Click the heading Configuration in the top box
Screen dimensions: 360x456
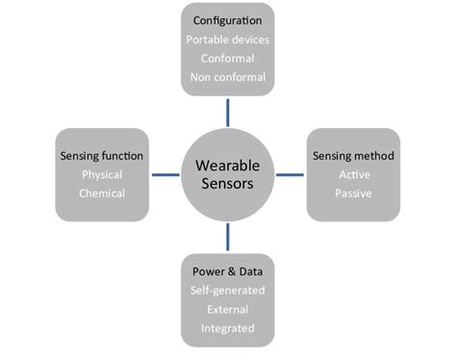228,20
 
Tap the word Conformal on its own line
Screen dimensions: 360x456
228,58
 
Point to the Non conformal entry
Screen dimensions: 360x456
228,77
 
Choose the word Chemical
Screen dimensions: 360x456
103,193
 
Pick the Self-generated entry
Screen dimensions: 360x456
228,290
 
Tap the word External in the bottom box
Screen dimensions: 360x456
228,309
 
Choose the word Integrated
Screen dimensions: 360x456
228,328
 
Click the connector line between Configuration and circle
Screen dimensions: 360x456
228,112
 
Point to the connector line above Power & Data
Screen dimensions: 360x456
228,236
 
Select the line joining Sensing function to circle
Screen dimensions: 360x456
165,174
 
